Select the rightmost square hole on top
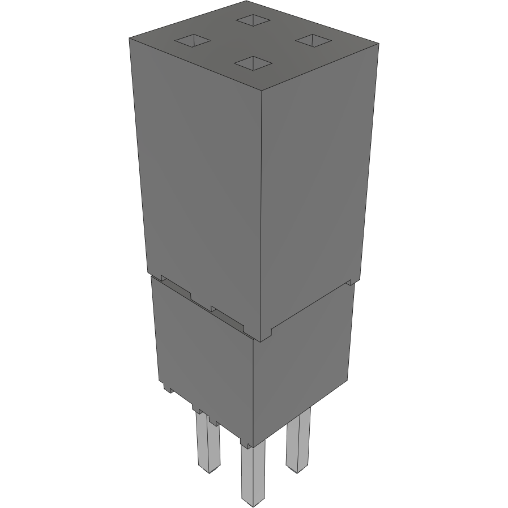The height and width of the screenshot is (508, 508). pos(312,40)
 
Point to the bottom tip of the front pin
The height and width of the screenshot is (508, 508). pos(252,502)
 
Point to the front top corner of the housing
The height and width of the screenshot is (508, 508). pos(261,90)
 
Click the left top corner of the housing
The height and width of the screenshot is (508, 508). pos(130,38)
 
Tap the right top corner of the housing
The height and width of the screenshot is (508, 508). pos(378,42)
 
